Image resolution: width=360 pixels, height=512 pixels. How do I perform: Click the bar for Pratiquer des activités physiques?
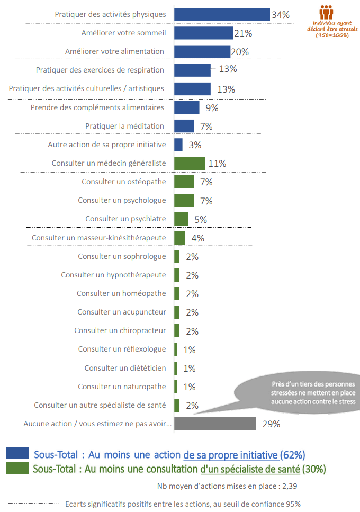tap(222, 14)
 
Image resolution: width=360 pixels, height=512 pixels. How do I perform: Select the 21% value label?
tap(243, 33)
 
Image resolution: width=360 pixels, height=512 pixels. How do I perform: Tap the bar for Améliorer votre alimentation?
tap(202, 52)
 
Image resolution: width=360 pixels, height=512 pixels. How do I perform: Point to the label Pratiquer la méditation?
tap(124, 126)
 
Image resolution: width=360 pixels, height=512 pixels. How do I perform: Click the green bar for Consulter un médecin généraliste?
tap(190, 163)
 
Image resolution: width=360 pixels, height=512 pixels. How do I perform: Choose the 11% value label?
tap(217, 164)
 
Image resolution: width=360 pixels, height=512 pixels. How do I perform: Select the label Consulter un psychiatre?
tap(125, 219)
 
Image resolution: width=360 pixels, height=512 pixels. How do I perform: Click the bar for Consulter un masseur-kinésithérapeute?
tap(180, 238)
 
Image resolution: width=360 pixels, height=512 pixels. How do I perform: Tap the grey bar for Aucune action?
tap(215, 424)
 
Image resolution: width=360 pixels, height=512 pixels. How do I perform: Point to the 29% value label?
tap(271, 424)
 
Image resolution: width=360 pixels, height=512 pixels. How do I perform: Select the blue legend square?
tap(17, 454)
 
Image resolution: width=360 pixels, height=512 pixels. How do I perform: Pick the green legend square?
tap(17, 468)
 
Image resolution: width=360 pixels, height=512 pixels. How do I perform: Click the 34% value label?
tap(281, 15)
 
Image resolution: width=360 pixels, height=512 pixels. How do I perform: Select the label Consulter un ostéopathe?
tap(123, 182)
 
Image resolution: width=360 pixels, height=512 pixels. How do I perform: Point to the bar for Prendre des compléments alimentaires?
tap(187, 107)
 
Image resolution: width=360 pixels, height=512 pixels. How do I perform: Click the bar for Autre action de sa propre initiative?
tap(178, 145)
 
